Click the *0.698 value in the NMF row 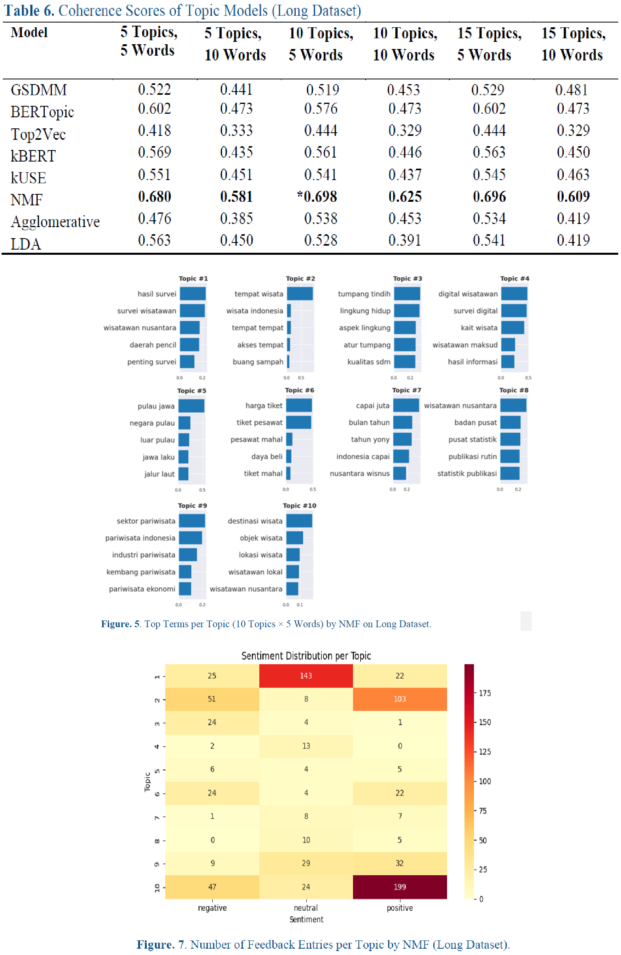317,197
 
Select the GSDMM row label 39,90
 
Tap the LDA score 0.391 404,241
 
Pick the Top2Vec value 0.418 154,130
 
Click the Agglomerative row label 55,222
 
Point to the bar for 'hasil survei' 193,294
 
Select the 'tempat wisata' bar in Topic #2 300,294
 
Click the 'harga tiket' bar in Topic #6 299,405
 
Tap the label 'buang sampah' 258,362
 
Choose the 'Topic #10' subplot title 299,506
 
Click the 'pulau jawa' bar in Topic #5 192,406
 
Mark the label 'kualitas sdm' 369,362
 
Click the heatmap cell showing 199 400,887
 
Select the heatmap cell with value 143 306,676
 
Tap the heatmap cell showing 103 400,699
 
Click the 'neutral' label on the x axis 306,908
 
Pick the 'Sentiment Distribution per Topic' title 306,656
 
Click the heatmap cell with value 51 212,699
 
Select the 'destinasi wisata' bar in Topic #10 299,521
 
